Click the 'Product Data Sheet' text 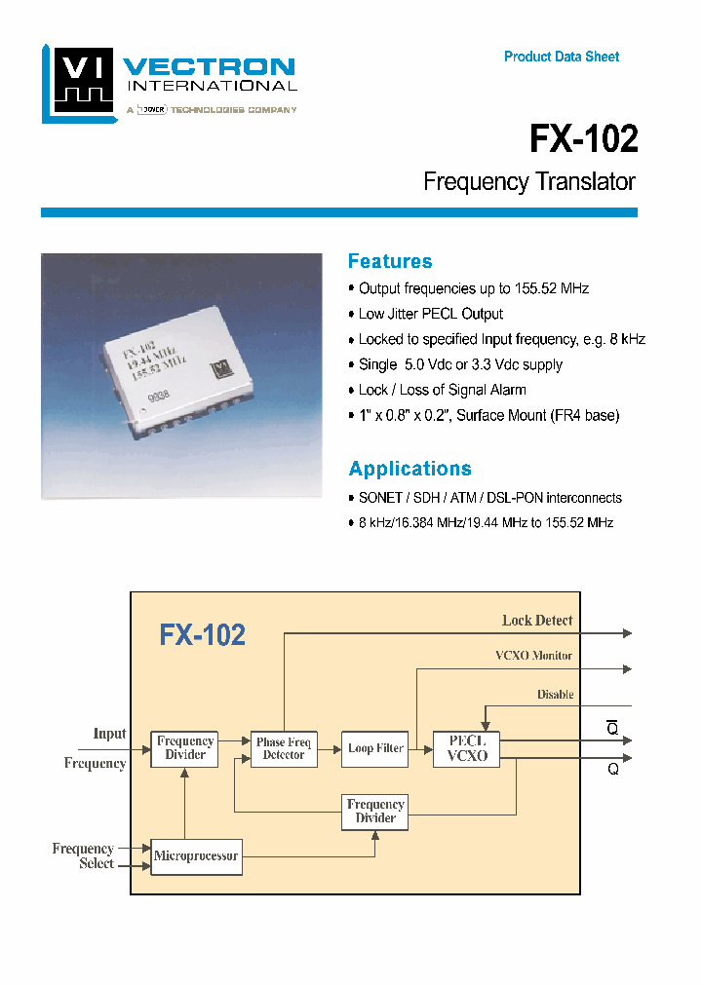(x=562, y=57)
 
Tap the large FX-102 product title (x=583, y=139)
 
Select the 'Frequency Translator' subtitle (x=529, y=182)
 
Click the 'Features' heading (x=390, y=261)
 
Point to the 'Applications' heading (x=409, y=469)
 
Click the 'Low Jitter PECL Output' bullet (x=430, y=314)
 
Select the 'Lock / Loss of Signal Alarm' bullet (x=442, y=390)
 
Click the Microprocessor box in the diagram (x=195, y=856)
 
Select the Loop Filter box (x=375, y=748)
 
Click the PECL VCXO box (x=467, y=748)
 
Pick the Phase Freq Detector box (x=284, y=748)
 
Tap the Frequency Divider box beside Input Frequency (x=184, y=748)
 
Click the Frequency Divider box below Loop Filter (x=375, y=811)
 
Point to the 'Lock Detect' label (x=537, y=621)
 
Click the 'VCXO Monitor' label (x=533, y=656)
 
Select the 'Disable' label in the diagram (x=555, y=695)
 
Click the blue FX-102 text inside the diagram (x=203, y=635)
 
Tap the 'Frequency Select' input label (x=83, y=855)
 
